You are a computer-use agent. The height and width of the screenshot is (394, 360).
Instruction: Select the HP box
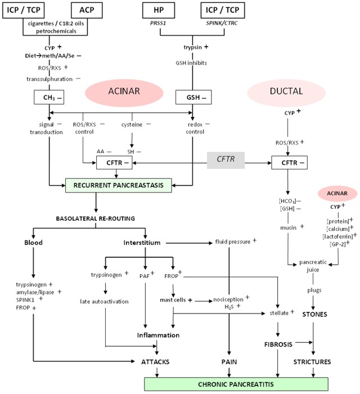pyautogui.click(x=159, y=11)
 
